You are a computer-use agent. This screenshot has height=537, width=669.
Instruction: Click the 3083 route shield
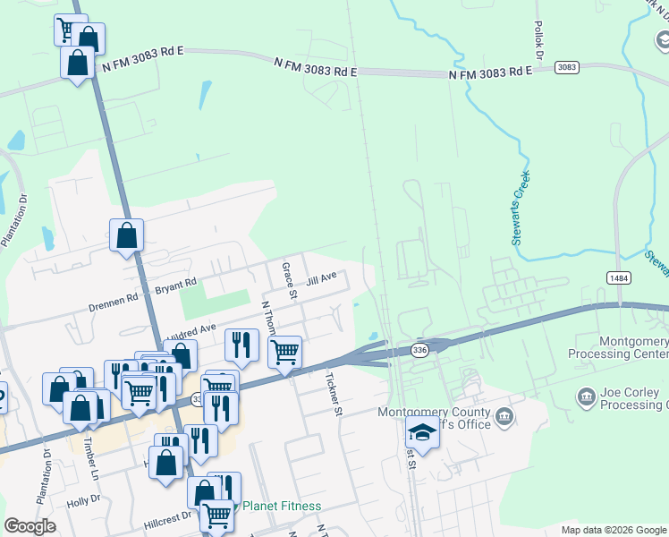coord(566,67)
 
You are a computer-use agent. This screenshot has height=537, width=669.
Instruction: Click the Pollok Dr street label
coord(538,41)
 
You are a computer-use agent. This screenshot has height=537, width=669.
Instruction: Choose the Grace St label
coord(289,280)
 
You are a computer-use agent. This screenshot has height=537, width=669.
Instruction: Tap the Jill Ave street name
coord(321,279)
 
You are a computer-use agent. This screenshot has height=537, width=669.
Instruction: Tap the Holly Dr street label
coord(83,500)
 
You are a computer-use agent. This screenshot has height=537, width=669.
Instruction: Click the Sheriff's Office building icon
coord(504,415)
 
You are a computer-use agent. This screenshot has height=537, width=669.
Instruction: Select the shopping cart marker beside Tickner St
coord(284,351)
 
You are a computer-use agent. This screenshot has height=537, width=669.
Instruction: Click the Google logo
coord(30,526)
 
